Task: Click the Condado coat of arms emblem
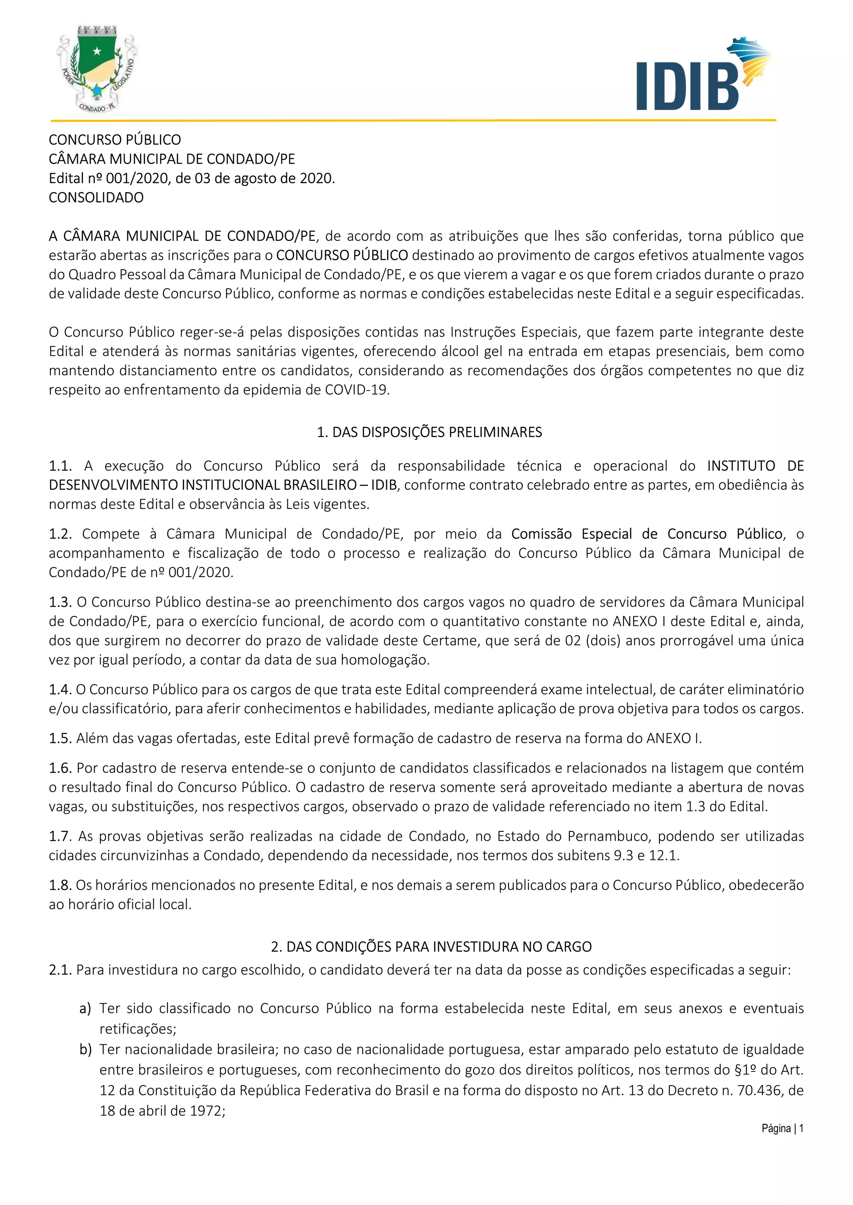tap(97, 68)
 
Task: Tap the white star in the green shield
tap(97, 51)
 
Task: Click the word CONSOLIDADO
tap(96, 198)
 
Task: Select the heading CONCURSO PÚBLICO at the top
tap(115, 140)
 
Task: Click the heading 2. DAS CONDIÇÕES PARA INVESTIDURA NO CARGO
tap(431, 947)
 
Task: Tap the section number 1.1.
tap(60, 466)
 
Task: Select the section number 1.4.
tap(60, 689)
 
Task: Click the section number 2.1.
tap(60, 970)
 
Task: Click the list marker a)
tap(85, 1009)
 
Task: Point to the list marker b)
tap(85, 1050)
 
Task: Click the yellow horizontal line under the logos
tap(413, 121)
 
